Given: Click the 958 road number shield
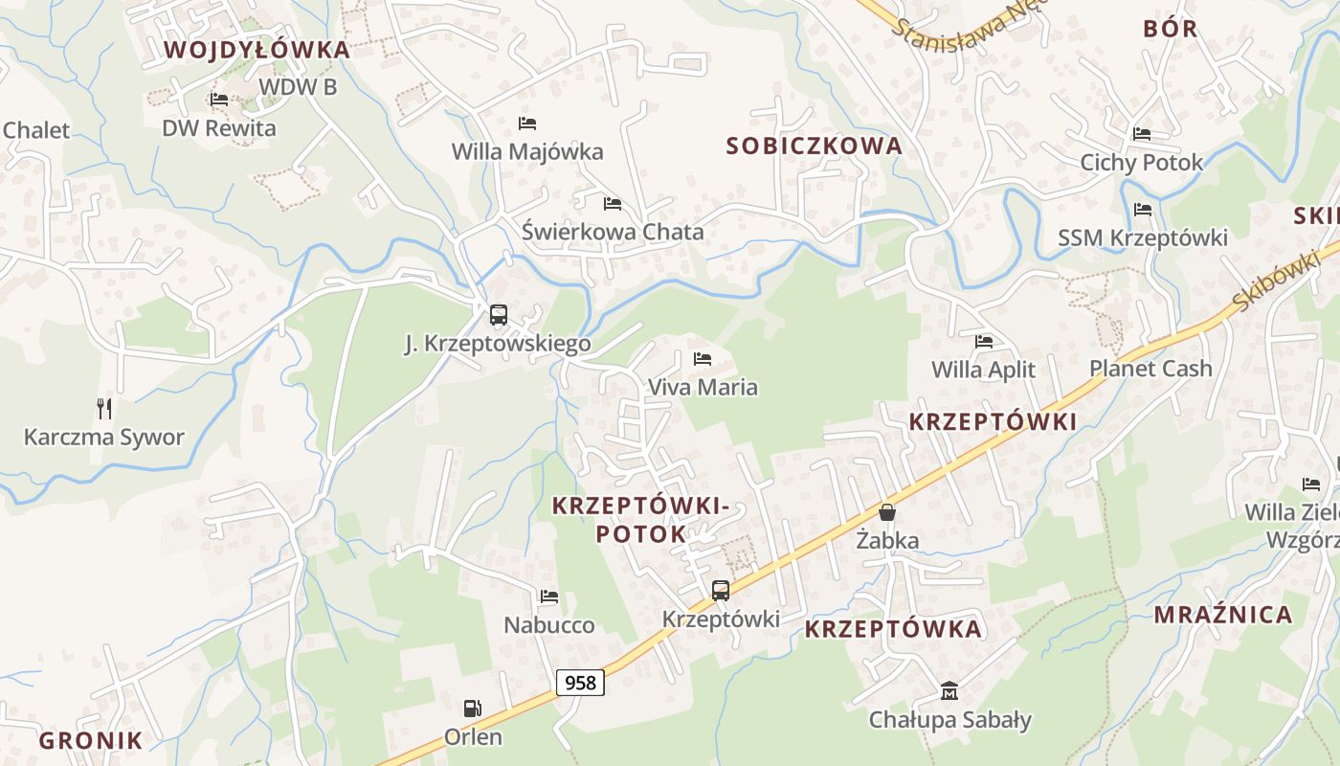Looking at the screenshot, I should click(580, 682).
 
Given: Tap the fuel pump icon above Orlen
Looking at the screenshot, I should click(472, 709).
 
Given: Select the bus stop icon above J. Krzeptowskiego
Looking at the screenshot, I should click(498, 314).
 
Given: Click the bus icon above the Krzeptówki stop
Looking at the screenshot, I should click(720, 590).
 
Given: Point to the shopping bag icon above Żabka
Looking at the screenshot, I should click(887, 511).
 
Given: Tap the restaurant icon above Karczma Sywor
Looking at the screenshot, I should click(104, 409).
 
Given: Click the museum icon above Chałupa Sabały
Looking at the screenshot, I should click(949, 690).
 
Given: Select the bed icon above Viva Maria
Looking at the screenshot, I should click(703, 359).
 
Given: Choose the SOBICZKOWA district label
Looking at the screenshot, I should click(814, 146).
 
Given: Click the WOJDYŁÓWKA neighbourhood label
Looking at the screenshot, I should click(257, 50).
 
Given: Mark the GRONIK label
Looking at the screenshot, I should click(91, 740).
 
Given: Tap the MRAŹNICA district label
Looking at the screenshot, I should click(1222, 615).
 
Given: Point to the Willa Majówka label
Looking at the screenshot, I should click(527, 151).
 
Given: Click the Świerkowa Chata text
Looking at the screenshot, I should click(613, 232).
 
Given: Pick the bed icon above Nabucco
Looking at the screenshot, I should click(548, 596).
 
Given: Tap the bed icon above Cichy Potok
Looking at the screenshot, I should click(1141, 134).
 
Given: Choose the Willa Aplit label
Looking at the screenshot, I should click(983, 370).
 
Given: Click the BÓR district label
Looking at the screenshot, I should click(1170, 29).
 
